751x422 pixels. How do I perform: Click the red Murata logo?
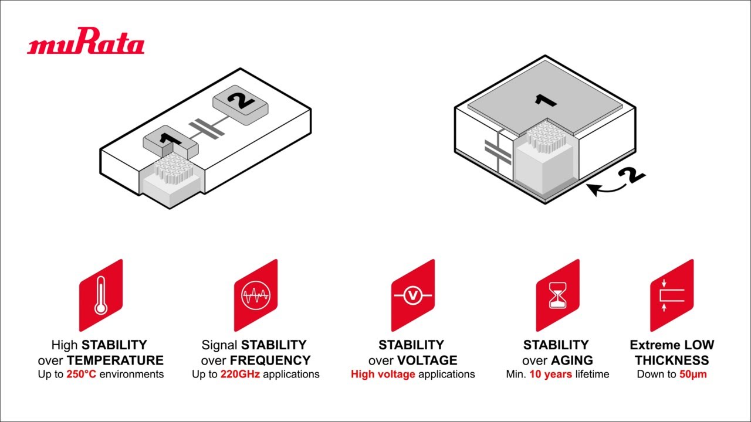(x=86, y=41)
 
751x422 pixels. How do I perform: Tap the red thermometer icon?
(x=101, y=295)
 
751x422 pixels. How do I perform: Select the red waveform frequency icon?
(x=256, y=295)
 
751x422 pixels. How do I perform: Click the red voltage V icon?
(x=413, y=295)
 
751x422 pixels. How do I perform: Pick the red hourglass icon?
(x=557, y=295)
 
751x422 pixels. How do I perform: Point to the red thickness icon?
(x=672, y=295)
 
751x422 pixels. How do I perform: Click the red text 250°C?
(x=81, y=374)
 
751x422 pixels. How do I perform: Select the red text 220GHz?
(x=240, y=374)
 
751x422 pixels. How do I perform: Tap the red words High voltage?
(x=383, y=374)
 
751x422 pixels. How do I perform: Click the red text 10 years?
(x=551, y=374)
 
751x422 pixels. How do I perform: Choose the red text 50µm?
(x=693, y=374)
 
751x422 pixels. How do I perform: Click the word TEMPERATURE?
(x=115, y=360)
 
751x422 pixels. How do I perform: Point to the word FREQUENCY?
(x=270, y=360)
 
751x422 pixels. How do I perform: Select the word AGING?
(x=572, y=360)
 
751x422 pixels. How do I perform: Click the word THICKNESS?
(x=672, y=360)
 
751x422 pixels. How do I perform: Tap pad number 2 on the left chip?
(x=241, y=105)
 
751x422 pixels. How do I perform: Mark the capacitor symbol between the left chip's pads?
(x=207, y=129)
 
